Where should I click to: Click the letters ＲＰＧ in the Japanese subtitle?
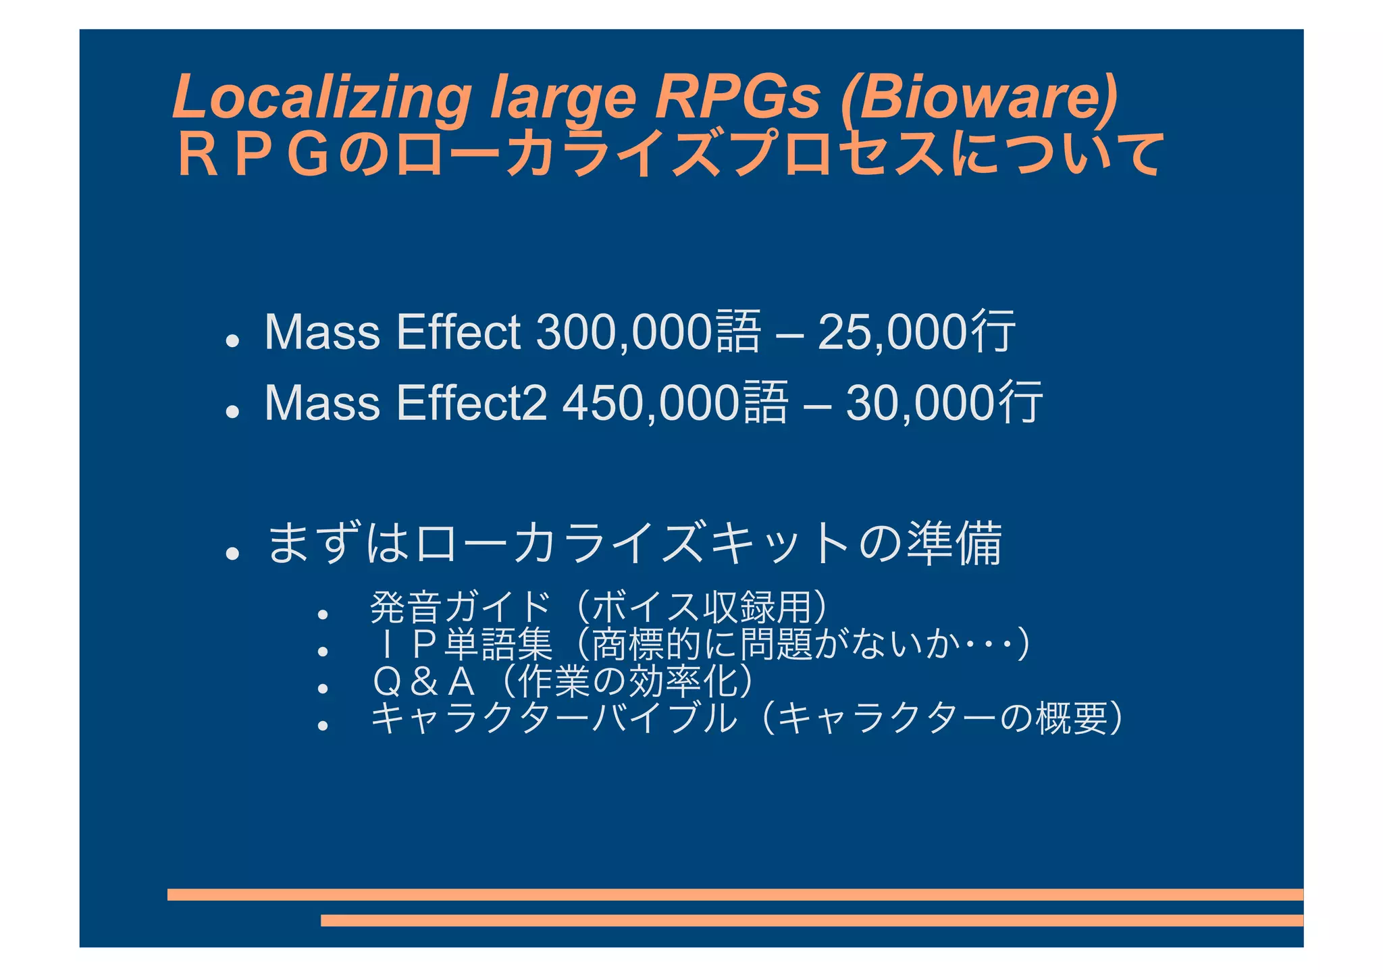[x=253, y=155]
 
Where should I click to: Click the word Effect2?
[x=472, y=403]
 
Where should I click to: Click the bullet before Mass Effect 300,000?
[x=233, y=341]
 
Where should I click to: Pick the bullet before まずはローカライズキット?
[x=233, y=554]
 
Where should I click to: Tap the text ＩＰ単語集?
[x=462, y=644]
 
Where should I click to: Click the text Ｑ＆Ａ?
[x=424, y=681]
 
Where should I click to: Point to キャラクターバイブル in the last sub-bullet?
[x=554, y=718]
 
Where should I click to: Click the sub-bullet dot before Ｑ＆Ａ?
[x=323, y=688]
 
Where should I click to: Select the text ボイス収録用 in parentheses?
[x=702, y=607]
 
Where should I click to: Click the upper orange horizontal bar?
[x=735, y=895]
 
